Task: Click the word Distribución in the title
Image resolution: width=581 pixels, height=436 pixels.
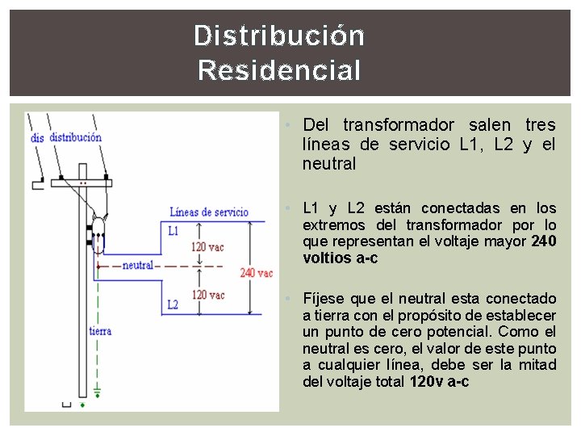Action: pos(279,36)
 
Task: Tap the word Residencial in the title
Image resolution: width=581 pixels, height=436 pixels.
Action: pos(279,71)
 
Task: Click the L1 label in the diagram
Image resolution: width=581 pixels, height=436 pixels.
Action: pos(173,231)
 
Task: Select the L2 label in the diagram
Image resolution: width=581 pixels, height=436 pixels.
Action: pos(173,304)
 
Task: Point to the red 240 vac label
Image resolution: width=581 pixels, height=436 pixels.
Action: pos(256,273)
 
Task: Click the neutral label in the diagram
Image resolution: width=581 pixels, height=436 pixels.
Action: pos(138,265)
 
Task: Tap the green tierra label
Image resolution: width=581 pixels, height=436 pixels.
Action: pos(101,331)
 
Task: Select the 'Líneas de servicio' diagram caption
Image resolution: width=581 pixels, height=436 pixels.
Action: pos(209,212)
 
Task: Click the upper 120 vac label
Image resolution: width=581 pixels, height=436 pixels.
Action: pos(207,247)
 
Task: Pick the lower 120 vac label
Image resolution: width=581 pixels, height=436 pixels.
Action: pos(207,295)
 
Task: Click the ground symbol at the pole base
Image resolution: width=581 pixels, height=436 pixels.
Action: pos(98,394)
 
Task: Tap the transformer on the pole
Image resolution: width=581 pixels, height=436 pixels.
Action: pos(98,231)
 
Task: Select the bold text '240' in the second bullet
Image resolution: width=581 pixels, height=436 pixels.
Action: pos(544,241)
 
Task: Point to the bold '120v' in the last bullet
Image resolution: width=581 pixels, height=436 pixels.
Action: pos(427,382)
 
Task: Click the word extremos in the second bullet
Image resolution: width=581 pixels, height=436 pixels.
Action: pos(333,225)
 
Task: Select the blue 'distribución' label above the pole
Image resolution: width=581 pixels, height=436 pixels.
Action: pos(75,137)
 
